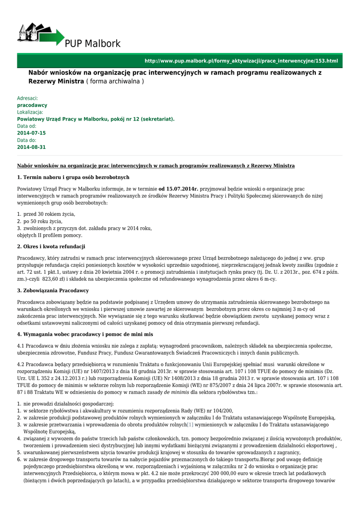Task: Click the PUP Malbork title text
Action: coord(93,44)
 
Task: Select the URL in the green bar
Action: coord(241,61)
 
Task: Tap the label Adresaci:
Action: coord(27,99)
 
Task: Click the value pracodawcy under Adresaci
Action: coord(32,106)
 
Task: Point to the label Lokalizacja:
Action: coord(30,113)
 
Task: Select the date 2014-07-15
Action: coord(31,133)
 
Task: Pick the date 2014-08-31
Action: coord(31,147)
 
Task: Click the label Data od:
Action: coord(27,127)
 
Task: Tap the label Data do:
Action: coord(27,140)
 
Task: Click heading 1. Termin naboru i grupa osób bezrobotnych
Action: coord(73,177)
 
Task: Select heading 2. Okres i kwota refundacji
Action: coord(51,247)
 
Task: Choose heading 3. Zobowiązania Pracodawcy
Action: coord(53,290)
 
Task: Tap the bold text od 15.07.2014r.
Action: coord(178,189)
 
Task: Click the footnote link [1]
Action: coord(190,425)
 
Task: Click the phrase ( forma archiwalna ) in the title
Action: coord(115,81)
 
